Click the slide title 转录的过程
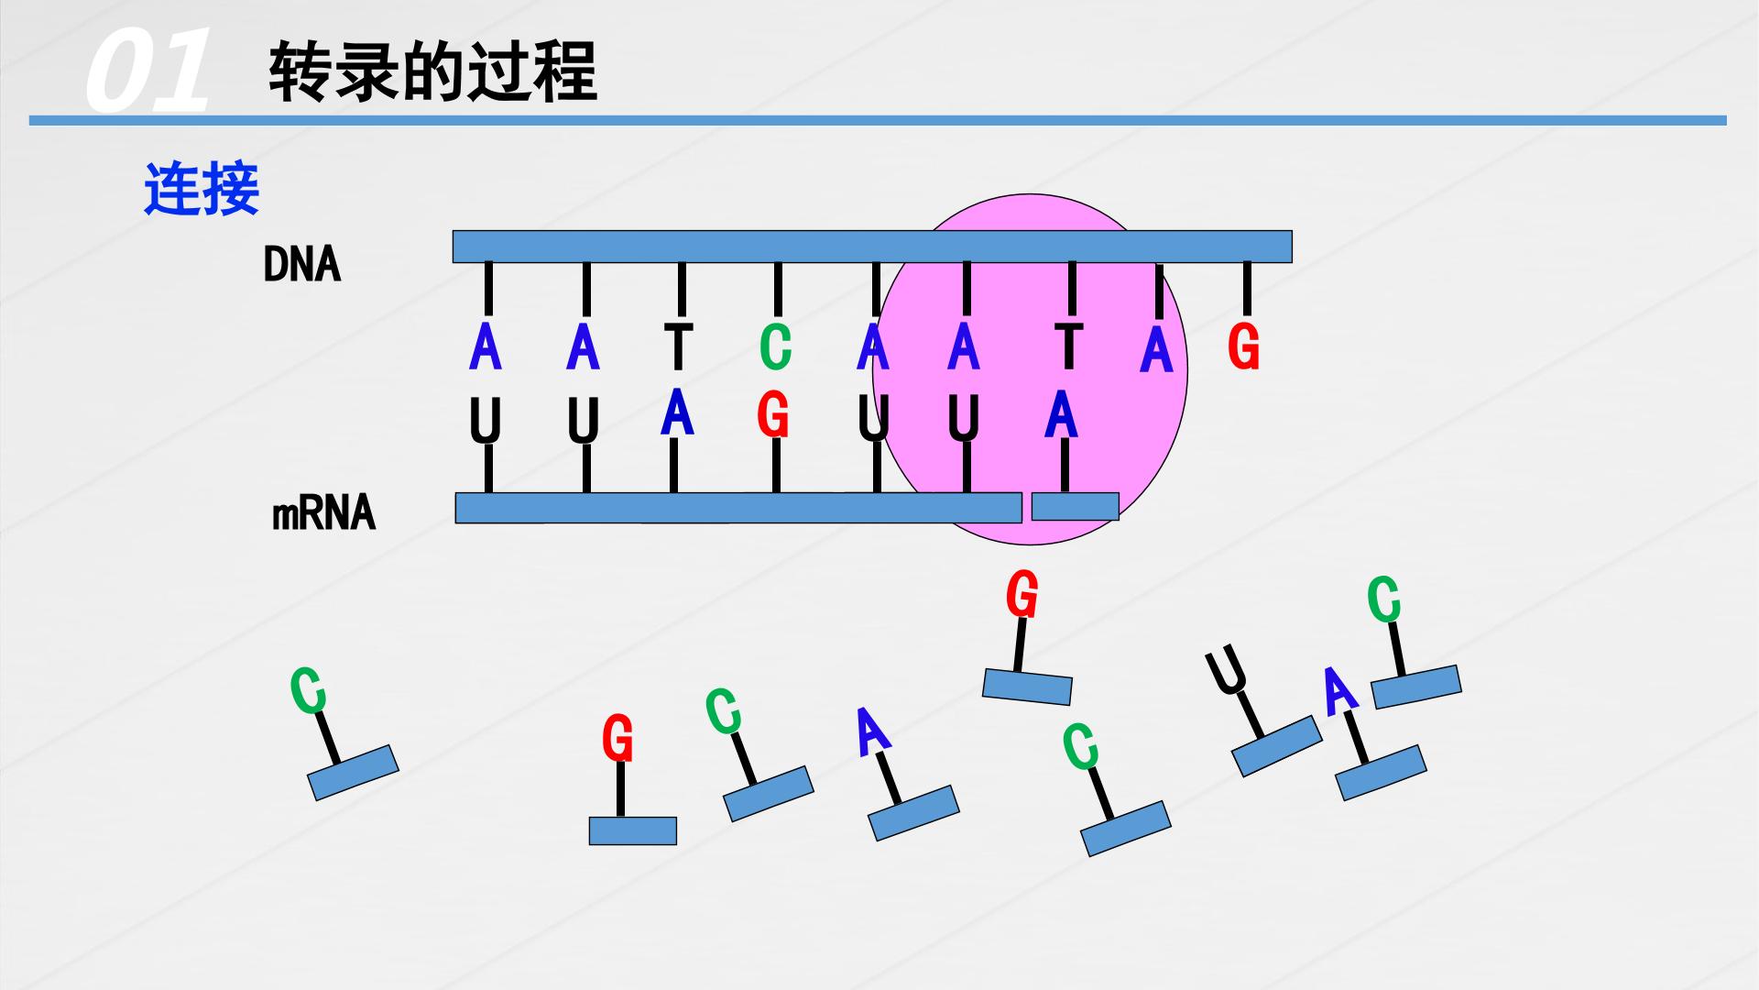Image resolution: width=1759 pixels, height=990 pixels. (432, 71)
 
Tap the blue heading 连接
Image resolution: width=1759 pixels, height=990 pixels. (202, 190)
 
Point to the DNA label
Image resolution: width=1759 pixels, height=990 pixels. (301, 265)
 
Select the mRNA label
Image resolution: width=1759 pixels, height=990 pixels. (324, 512)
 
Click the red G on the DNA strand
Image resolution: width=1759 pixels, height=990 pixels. (1243, 346)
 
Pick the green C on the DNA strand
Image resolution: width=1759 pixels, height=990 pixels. (775, 346)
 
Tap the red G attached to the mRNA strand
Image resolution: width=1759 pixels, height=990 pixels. (773, 416)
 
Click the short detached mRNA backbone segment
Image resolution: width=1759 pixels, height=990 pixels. (1076, 506)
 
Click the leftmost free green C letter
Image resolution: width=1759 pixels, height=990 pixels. (308, 690)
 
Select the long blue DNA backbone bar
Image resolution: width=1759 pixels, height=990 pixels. (872, 247)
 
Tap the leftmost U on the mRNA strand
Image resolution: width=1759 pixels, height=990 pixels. (485, 422)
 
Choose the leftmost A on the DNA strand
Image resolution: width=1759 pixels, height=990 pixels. (485, 346)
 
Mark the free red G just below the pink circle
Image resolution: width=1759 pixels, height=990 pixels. (1022, 595)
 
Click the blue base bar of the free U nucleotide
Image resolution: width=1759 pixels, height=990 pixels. (1276, 746)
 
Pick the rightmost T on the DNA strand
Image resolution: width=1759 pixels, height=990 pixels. (1068, 346)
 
